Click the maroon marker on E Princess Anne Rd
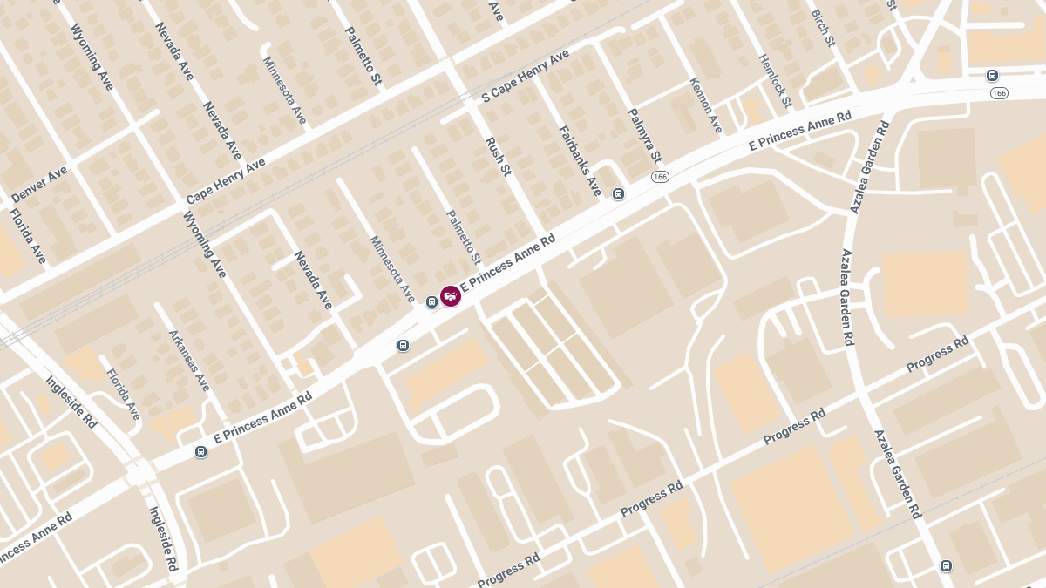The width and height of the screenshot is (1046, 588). (451, 296)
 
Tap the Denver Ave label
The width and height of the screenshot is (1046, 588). (39, 185)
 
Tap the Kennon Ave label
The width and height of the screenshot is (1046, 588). (706, 105)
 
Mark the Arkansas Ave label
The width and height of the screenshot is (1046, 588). (189, 360)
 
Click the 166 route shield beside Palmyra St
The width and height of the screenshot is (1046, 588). (660, 178)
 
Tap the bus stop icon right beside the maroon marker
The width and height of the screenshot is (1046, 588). (431, 302)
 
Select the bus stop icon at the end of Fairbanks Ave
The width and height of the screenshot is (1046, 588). (618, 193)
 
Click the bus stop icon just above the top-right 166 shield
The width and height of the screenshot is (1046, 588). (992, 75)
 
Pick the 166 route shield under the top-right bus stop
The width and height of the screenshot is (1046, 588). (999, 93)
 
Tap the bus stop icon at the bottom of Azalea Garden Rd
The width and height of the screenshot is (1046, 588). (946, 566)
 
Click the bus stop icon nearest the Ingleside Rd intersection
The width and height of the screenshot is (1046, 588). (201, 451)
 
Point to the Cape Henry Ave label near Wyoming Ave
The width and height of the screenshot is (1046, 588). (226, 181)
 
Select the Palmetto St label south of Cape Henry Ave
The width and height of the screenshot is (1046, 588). (464, 238)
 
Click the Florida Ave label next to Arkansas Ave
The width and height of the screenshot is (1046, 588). (123, 395)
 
